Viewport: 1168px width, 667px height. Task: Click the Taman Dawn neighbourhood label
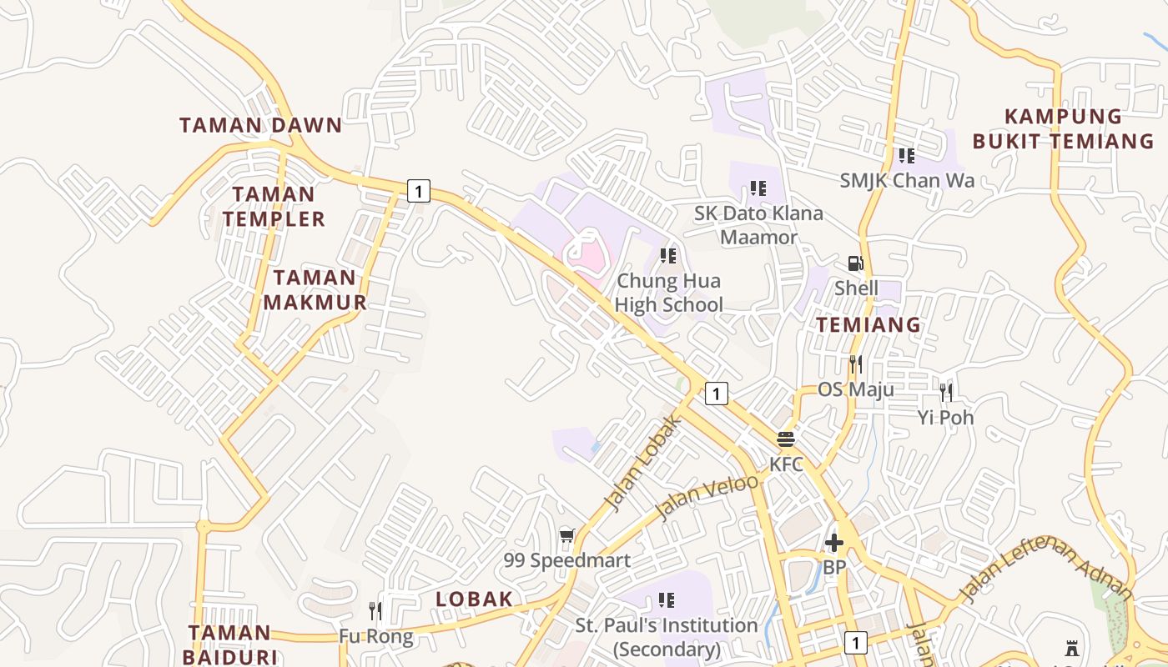point(260,126)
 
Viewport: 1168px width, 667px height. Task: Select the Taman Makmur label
point(315,290)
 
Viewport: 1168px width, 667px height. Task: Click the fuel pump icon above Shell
point(856,263)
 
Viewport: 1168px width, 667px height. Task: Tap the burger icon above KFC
point(786,439)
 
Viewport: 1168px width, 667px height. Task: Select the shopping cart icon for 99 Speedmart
point(567,536)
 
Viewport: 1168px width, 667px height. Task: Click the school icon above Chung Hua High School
point(667,255)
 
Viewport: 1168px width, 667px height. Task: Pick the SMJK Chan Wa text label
point(907,180)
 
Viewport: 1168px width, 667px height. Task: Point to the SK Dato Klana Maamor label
point(758,225)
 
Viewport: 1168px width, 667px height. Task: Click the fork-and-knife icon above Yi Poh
point(945,392)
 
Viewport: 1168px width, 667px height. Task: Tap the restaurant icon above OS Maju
point(855,364)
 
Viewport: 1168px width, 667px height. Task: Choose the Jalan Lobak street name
point(644,463)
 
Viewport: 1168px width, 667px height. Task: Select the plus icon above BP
point(833,544)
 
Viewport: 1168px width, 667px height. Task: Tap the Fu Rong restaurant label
point(375,637)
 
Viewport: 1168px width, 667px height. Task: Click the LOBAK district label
point(474,599)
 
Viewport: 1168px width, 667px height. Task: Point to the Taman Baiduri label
point(229,644)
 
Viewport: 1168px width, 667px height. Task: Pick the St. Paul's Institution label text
point(667,637)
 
